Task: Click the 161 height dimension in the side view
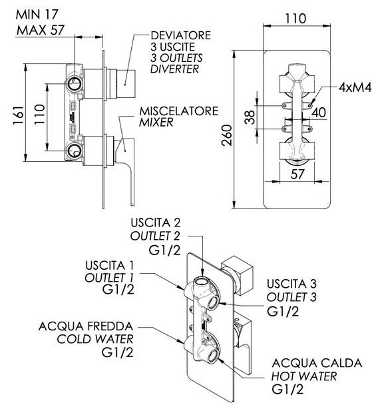click(19, 116)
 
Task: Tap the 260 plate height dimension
click(227, 135)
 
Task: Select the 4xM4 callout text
click(355, 87)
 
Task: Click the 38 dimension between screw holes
click(250, 117)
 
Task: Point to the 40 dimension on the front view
click(319, 112)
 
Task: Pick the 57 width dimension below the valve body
click(297, 174)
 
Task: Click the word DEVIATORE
click(181, 35)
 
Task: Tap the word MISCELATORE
click(178, 111)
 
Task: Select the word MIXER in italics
click(156, 123)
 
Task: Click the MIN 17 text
click(37, 15)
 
